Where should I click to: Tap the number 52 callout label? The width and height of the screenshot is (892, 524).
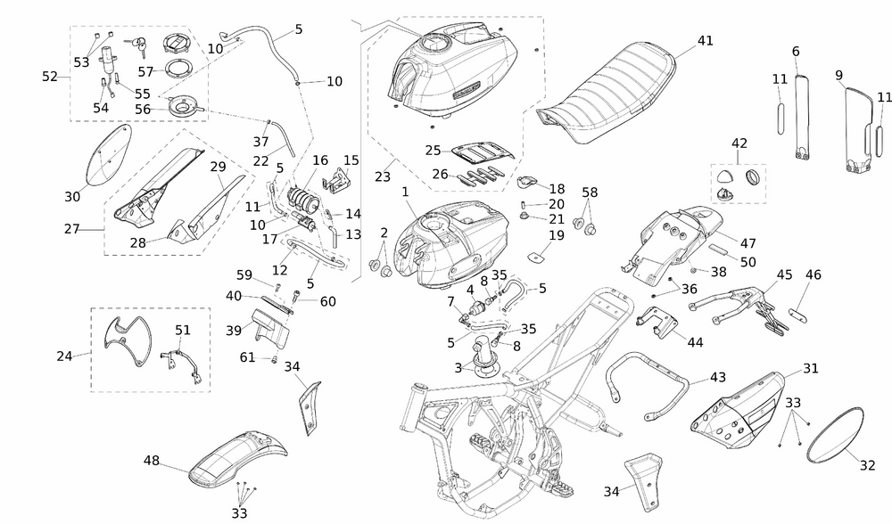point(50,77)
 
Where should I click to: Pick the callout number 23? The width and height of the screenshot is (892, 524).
point(383,176)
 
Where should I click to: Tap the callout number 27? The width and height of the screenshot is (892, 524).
point(72,229)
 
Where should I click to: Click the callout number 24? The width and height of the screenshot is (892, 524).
point(64,356)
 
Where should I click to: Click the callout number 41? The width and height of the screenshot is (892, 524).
point(706,41)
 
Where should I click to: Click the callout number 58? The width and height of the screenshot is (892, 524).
point(590,192)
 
